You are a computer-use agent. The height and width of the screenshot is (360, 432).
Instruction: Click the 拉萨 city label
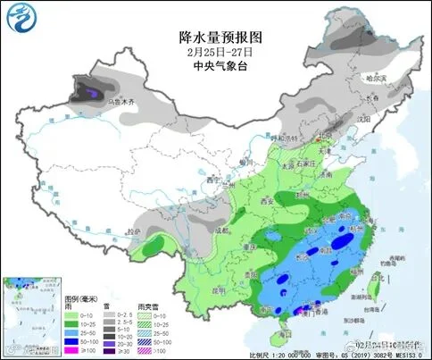coord(132,231)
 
